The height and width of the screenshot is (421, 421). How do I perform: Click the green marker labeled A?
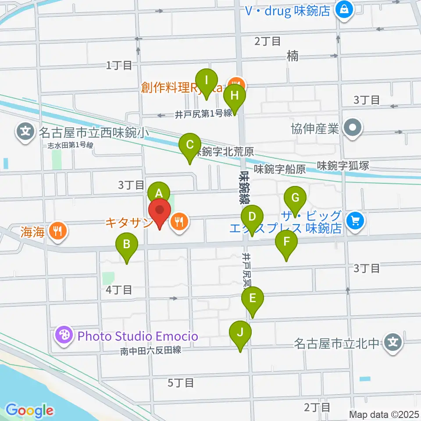[x=159, y=193]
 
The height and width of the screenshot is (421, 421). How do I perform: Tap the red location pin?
[x=160, y=213]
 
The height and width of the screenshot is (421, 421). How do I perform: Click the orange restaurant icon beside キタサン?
[x=178, y=221]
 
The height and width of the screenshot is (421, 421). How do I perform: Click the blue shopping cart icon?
[x=355, y=220]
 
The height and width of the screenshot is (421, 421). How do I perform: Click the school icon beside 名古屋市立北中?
[x=393, y=341]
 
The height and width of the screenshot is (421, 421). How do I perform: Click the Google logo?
[x=29, y=410]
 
